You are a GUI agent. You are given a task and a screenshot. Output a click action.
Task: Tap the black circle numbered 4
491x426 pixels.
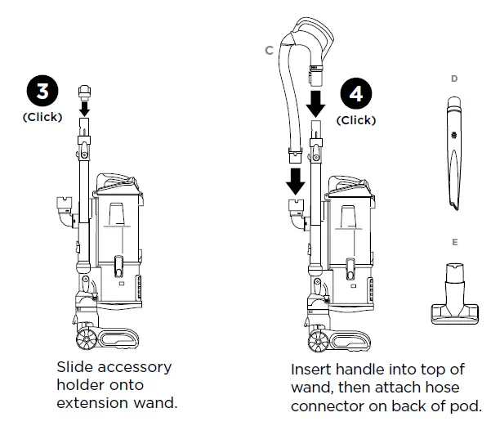coord(356,94)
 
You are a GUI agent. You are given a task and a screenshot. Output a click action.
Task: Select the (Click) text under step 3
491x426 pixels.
coord(42,117)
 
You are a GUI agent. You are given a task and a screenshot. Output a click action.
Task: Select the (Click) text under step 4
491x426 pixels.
coord(356,120)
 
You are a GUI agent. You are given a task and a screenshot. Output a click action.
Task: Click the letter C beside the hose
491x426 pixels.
coord(269,51)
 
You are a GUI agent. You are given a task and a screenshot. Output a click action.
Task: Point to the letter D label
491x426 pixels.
coord(454,78)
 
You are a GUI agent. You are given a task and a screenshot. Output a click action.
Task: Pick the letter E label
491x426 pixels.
coord(454,243)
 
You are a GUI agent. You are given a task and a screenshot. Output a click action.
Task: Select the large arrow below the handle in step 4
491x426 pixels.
coord(317,101)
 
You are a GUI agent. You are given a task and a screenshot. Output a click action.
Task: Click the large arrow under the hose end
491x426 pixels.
coord(293,177)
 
